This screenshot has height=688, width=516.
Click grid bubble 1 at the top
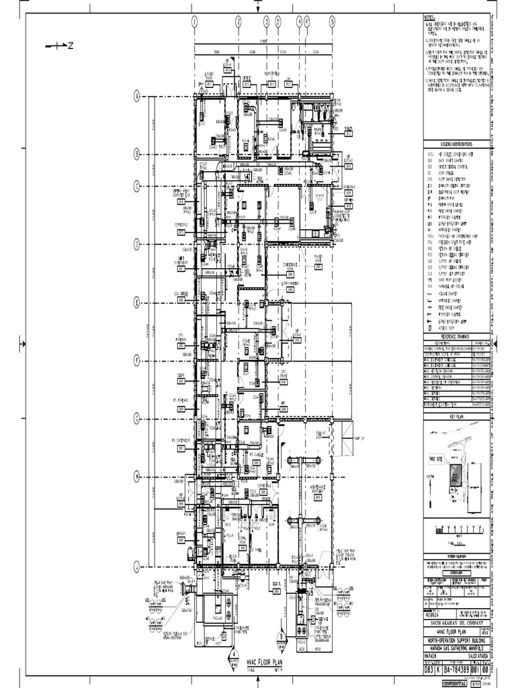pos(193,21)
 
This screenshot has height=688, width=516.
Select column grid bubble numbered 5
pos(332,21)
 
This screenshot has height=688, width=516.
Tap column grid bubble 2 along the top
pos(238,21)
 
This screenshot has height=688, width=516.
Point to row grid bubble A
pos(136,97)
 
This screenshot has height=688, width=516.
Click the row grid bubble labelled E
pos(136,303)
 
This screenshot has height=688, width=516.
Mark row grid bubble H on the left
pos(136,476)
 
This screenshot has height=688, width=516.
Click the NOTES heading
pos(430,17)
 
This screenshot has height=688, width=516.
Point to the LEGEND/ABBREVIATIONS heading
pos(456,144)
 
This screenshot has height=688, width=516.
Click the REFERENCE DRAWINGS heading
pos(456,337)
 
